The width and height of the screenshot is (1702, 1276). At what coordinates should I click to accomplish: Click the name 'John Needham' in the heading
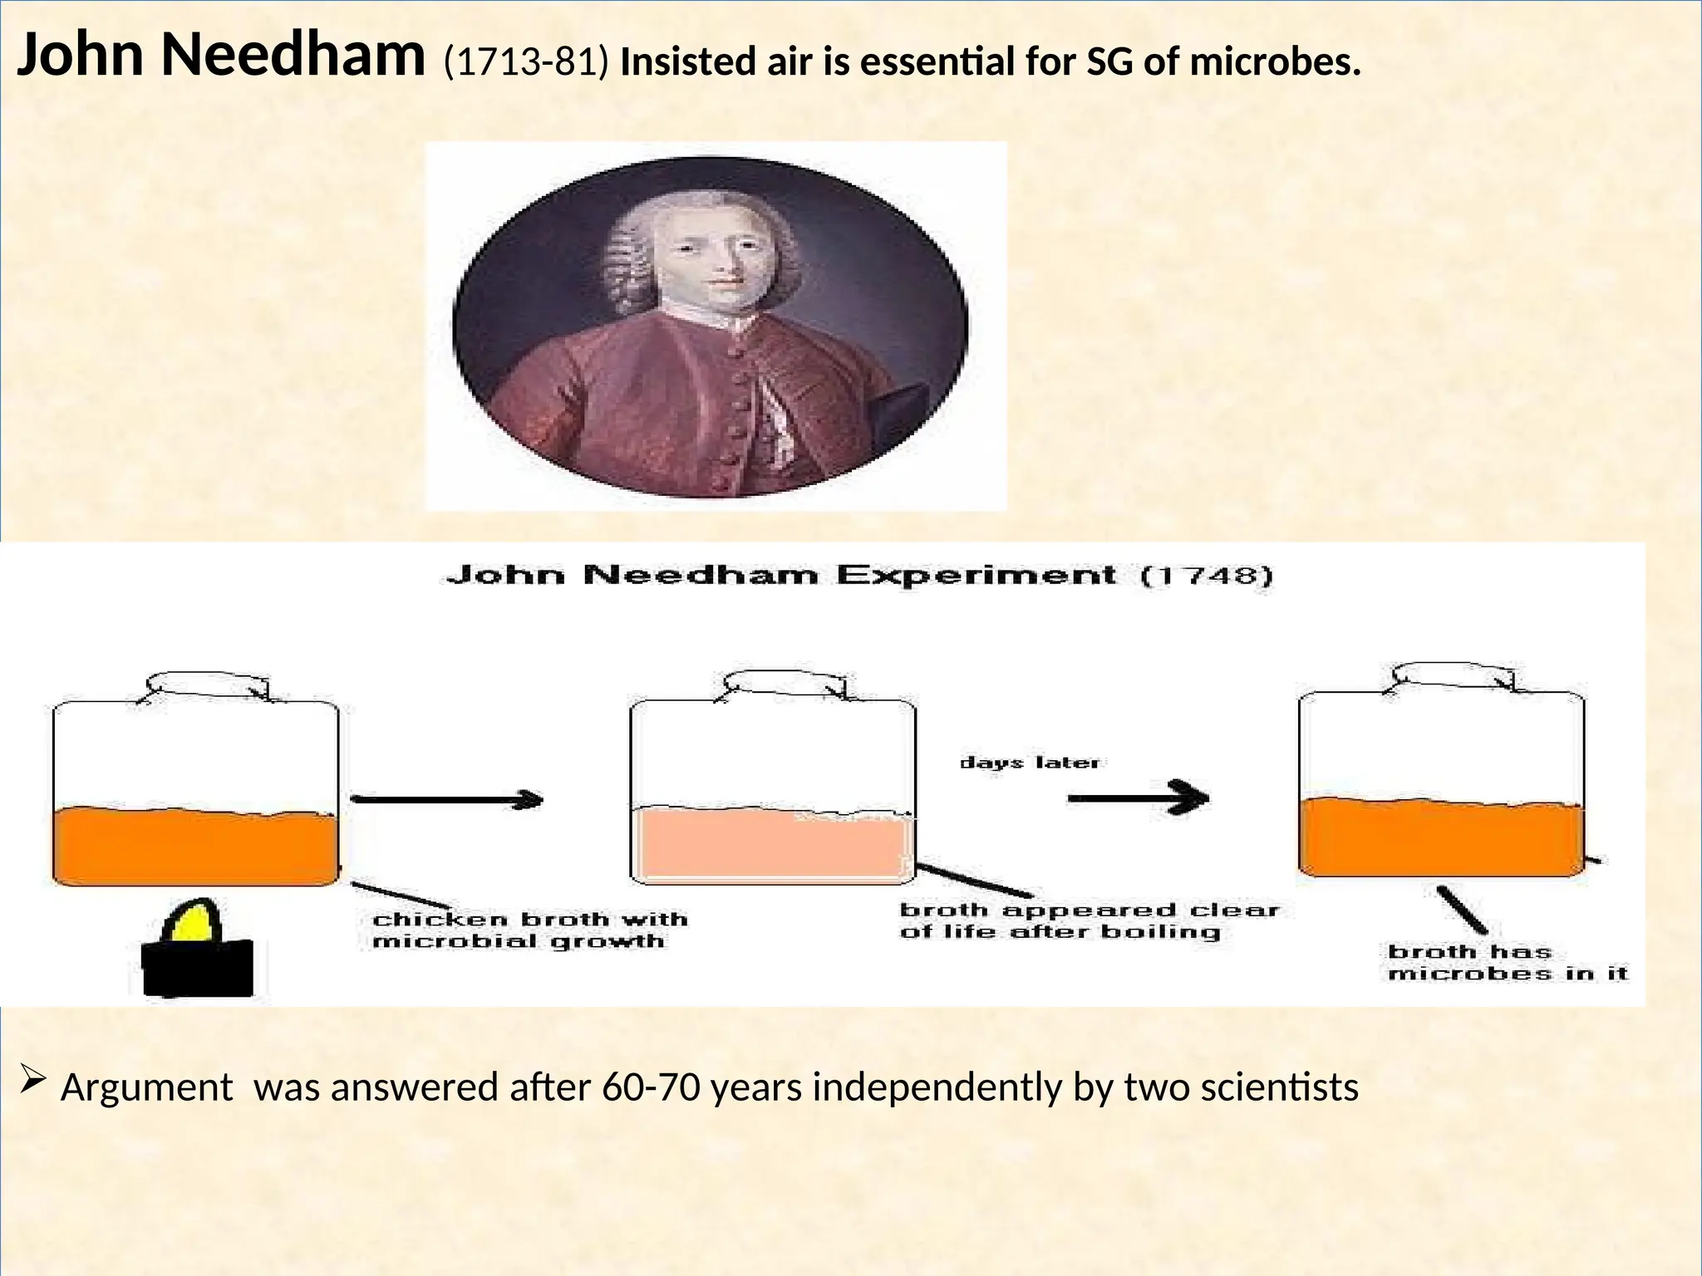(x=220, y=56)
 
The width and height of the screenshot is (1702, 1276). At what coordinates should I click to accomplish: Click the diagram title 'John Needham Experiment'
(x=781, y=575)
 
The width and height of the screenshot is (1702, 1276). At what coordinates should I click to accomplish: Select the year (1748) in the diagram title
(x=1205, y=576)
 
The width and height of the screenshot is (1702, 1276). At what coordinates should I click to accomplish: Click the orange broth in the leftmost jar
(x=195, y=846)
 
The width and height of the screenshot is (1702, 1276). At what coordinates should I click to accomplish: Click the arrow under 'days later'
(x=1138, y=798)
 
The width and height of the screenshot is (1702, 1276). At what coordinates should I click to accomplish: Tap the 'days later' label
(x=1030, y=763)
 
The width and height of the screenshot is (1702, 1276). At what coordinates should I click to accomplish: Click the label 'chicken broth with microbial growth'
(x=530, y=930)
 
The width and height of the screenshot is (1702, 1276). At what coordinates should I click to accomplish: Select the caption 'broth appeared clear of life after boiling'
(x=1089, y=920)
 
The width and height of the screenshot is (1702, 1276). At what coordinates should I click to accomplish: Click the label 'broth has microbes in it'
(x=1506, y=962)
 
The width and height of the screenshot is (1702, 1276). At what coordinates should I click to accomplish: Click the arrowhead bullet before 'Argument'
(x=32, y=1080)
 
